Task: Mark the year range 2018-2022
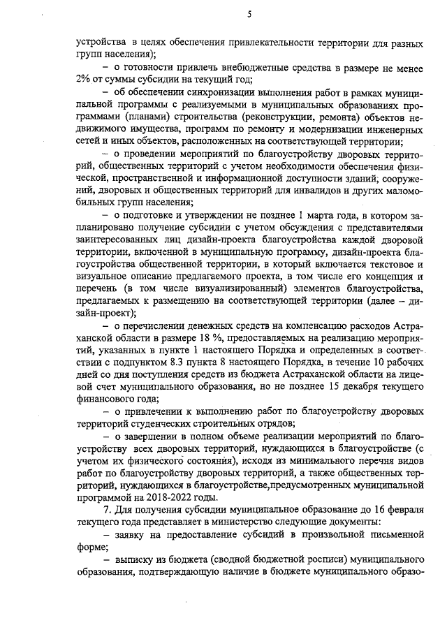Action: [169, 497]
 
